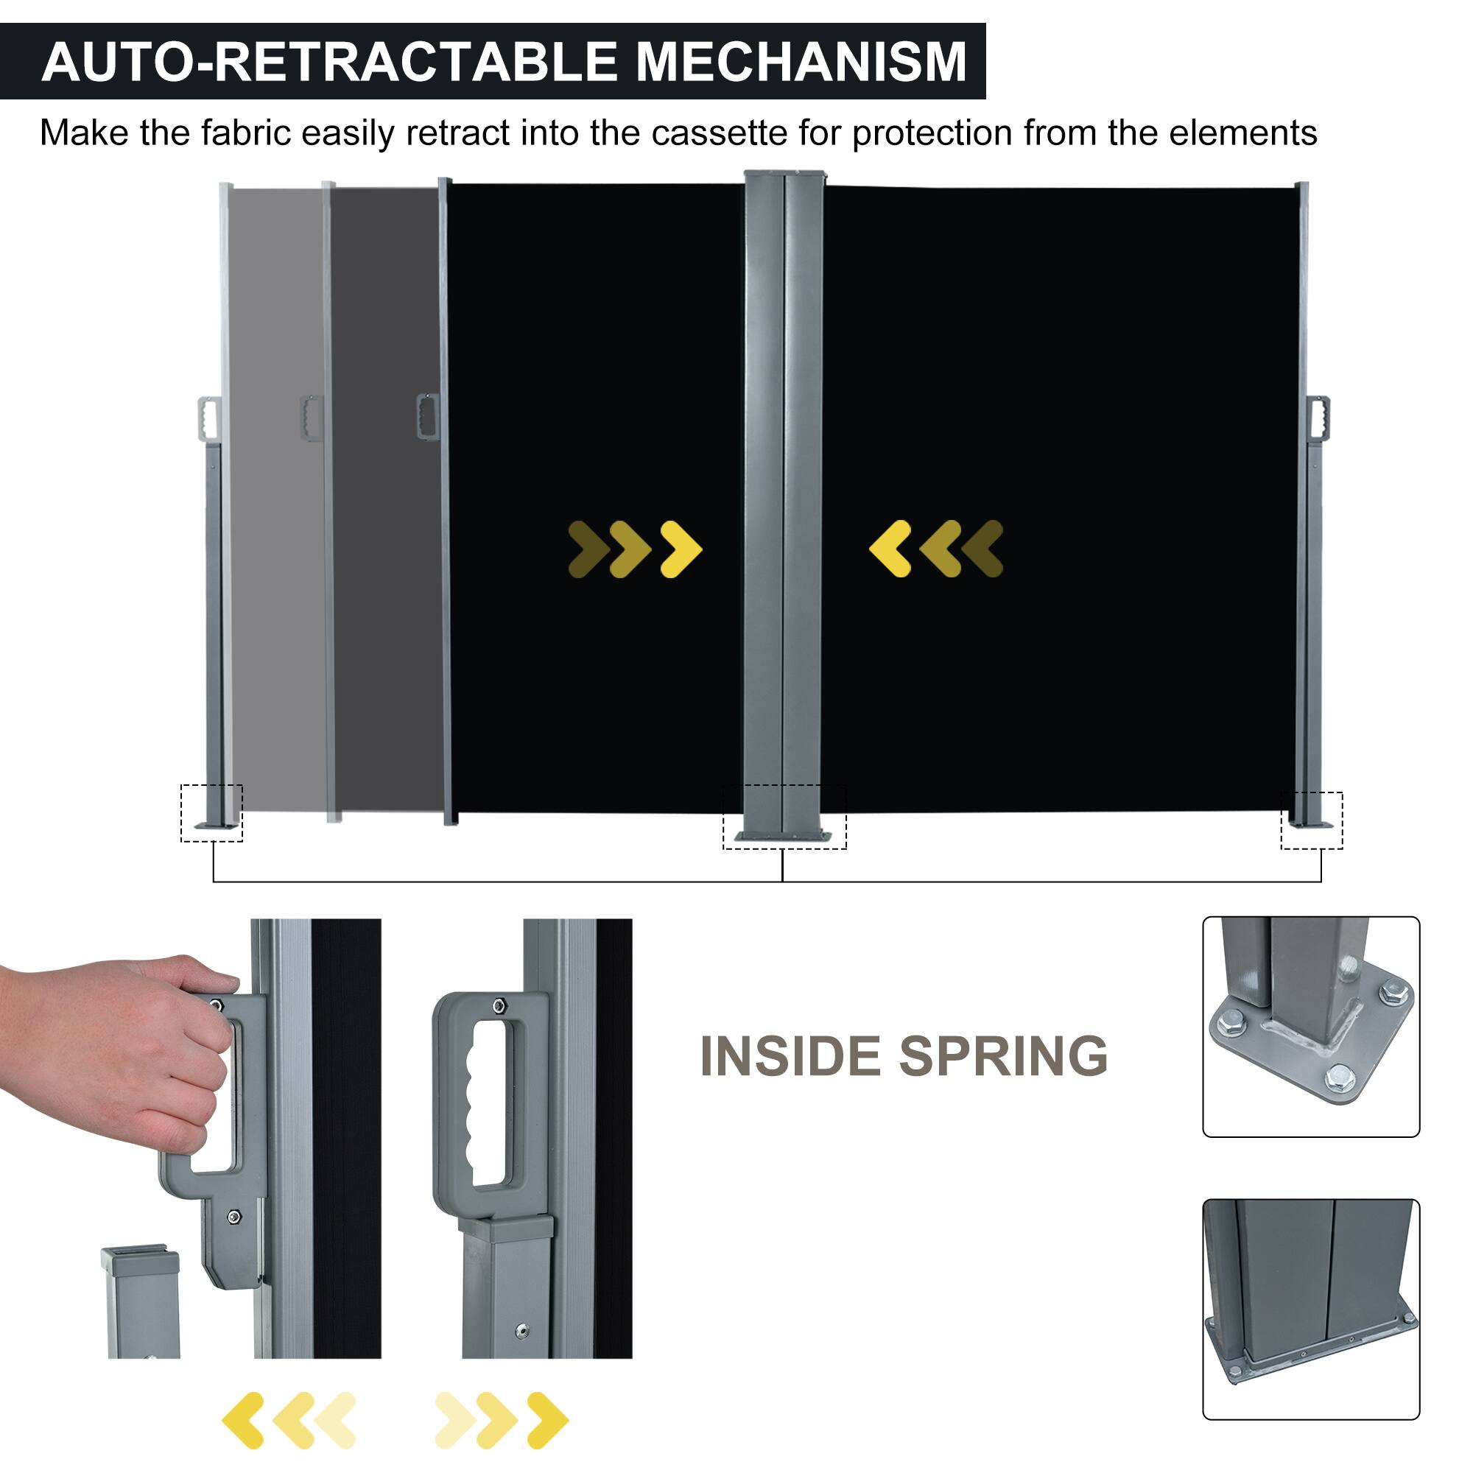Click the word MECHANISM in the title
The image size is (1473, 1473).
pos(801,62)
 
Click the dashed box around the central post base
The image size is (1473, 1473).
pos(784,817)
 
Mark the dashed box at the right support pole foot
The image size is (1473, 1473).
pos(1312,820)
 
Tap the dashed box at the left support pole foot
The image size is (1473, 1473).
pos(211,813)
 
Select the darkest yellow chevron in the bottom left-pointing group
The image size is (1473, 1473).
pos(243,1420)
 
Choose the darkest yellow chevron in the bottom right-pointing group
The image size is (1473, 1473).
pos(547,1420)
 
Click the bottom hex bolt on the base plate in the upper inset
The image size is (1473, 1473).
pos(1335,1078)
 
